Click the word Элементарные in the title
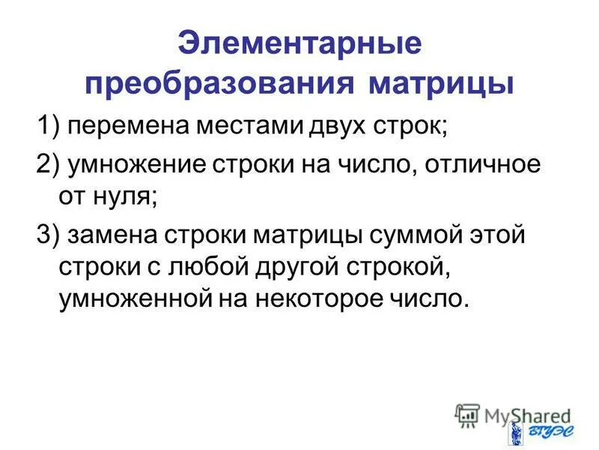(299, 43)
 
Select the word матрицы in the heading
(441, 82)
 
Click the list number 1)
(49, 126)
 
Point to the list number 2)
(49, 165)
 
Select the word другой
(288, 268)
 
